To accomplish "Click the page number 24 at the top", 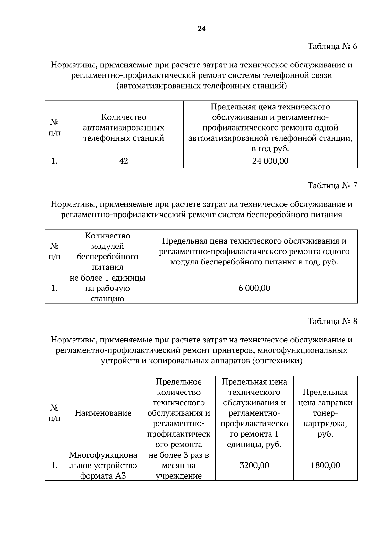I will click(201, 29).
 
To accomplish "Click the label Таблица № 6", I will click(332, 46).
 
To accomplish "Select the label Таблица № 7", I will click(332, 186).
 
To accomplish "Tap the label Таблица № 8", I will click(332, 321).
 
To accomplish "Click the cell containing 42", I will click(124, 161).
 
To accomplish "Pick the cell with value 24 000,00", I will click(270, 161).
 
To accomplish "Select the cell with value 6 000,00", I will click(254, 288).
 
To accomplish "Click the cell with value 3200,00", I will click(254, 465).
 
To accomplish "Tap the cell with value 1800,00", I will click(325, 465).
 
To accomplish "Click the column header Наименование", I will click(103, 413).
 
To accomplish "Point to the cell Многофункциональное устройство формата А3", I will click(103, 465).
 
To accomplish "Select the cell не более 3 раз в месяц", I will click(179, 465).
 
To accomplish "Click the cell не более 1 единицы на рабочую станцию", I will click(107, 288).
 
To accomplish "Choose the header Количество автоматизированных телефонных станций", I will click(124, 128).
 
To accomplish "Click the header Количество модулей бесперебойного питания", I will click(107, 251).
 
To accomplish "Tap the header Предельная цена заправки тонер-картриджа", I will click(325, 413).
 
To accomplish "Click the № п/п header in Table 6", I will click(55, 128).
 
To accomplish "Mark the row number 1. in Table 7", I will click(55, 288).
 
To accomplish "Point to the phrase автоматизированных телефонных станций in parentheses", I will click(201, 86).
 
